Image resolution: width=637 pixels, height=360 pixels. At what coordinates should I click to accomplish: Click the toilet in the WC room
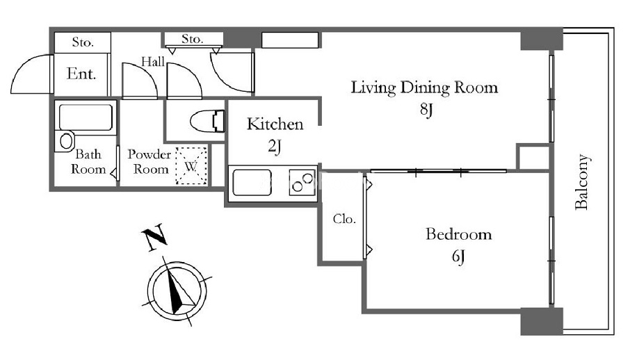207,121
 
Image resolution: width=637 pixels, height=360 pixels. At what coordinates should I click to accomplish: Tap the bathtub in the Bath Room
86,117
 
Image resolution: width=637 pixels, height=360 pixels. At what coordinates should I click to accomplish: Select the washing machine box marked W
191,166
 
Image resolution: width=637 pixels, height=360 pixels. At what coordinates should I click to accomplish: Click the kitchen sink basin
252,182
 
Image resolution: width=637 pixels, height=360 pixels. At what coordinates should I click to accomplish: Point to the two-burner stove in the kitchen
303,182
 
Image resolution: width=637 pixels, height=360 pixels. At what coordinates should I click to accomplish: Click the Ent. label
81,74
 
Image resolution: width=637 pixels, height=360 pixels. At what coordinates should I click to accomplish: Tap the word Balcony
582,182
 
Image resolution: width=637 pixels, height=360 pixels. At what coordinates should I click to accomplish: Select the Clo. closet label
344,219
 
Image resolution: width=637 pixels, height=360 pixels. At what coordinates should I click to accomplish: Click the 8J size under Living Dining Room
426,110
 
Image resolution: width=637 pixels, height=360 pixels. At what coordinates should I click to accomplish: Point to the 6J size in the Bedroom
458,256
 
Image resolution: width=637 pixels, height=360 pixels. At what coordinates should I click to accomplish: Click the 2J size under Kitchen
275,146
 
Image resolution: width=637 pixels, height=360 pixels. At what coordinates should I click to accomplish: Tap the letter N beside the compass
154,237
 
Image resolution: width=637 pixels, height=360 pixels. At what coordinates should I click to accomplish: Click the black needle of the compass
175,291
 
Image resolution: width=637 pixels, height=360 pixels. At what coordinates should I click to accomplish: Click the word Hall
153,62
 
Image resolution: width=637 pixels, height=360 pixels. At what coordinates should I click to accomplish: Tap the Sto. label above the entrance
83,42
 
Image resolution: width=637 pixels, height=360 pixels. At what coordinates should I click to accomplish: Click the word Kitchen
275,124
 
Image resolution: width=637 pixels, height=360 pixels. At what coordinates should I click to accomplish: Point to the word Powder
149,155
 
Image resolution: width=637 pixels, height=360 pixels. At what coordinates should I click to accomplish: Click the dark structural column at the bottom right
542,322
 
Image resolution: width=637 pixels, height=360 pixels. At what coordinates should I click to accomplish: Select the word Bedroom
459,235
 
